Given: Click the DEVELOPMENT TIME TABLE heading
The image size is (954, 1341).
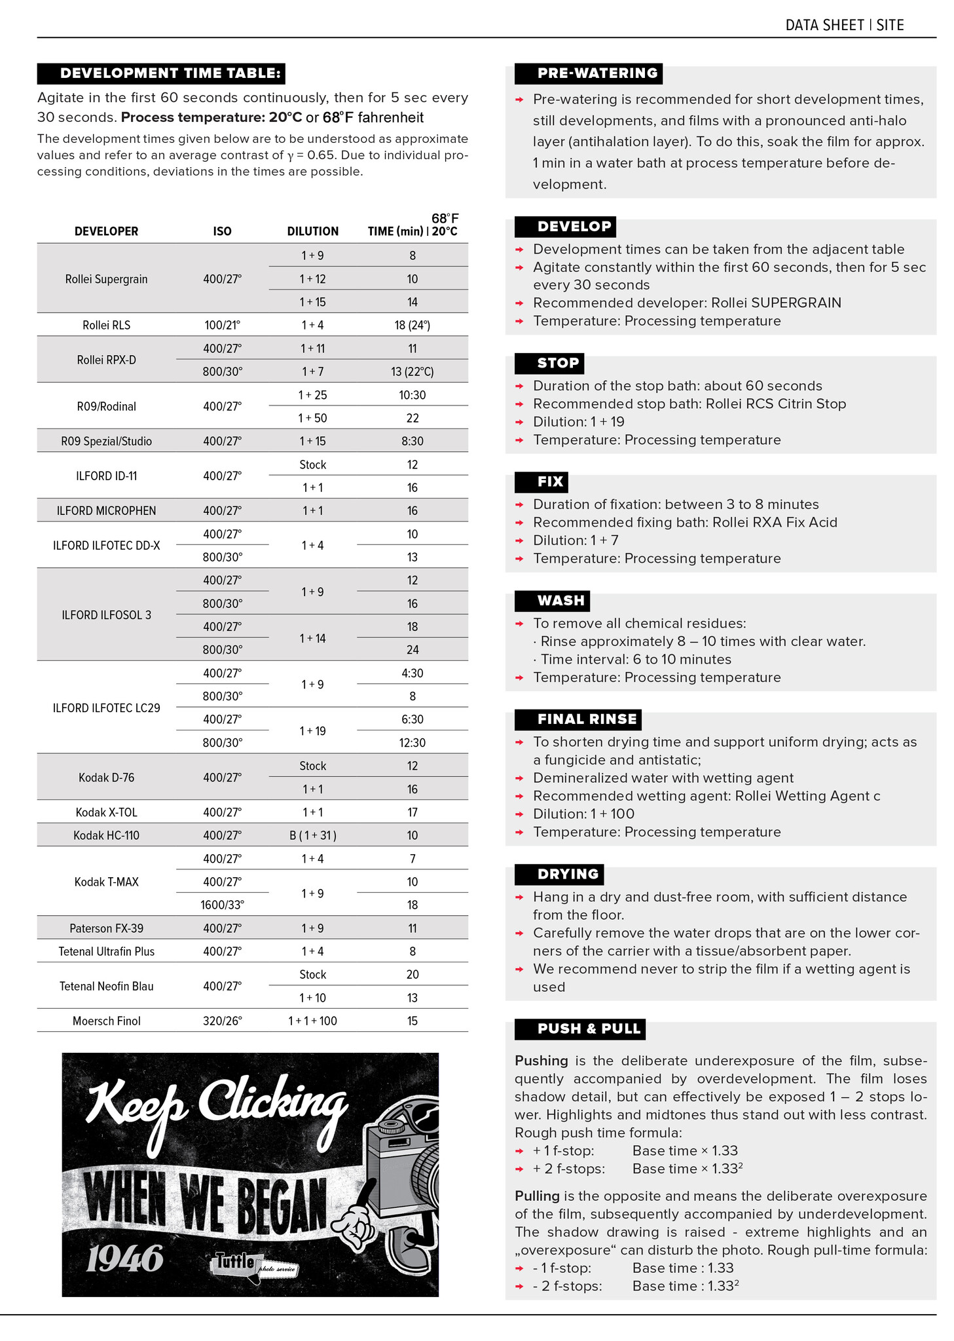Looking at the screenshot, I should (x=161, y=73).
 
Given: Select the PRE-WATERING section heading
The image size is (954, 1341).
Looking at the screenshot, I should (x=588, y=73).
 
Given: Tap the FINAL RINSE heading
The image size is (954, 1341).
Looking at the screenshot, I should (x=578, y=719).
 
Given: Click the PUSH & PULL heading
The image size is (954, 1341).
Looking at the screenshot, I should (x=579, y=1029).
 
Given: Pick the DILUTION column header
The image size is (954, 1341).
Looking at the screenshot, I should (x=312, y=231).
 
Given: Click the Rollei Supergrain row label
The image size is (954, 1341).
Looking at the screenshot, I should (x=106, y=279).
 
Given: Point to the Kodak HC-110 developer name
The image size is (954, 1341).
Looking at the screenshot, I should (x=106, y=835).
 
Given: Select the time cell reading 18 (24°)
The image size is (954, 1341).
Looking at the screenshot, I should (x=412, y=325).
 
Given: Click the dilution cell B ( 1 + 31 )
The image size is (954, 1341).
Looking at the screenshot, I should (x=312, y=835).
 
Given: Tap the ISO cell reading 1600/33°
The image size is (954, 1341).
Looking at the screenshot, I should (x=222, y=905).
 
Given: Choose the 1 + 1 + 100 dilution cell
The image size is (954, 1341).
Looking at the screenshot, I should (x=312, y=1021).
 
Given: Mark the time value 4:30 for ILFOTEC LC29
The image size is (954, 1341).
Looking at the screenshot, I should (x=412, y=673).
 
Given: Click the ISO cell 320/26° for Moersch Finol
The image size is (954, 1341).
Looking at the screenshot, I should (x=222, y=1021).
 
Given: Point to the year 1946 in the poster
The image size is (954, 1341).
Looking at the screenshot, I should (x=124, y=1258).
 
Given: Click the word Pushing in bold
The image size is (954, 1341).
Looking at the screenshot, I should (x=541, y=1061).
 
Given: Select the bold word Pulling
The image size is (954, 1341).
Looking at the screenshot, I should (x=537, y=1196).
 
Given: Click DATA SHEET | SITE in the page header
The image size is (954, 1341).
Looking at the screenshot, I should (x=844, y=25).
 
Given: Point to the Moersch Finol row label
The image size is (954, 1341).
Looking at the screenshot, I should (x=106, y=1021).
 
